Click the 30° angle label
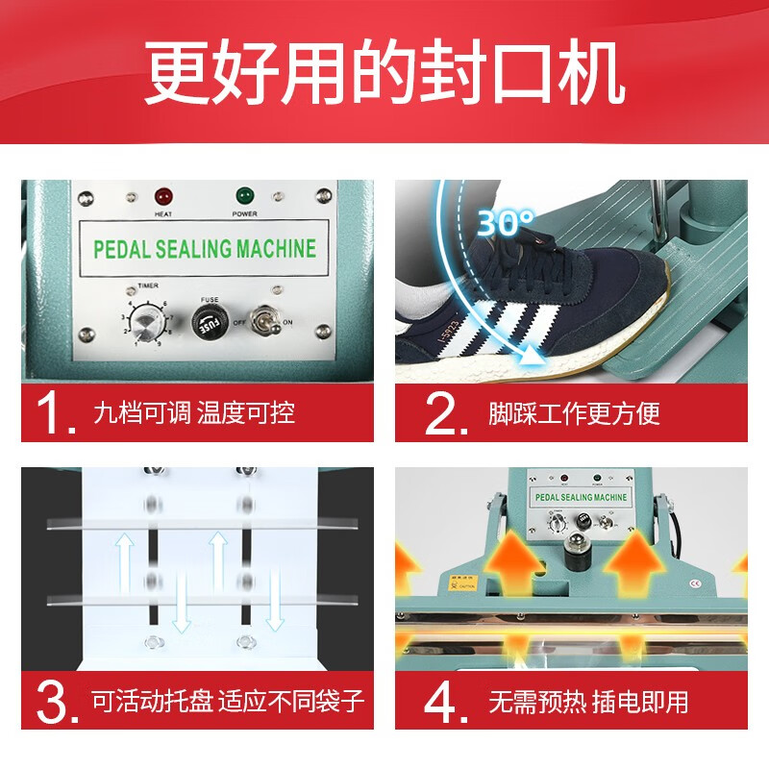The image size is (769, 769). [x=506, y=223]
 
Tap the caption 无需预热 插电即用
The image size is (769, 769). [x=588, y=701]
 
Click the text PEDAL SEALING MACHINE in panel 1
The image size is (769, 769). [x=204, y=249]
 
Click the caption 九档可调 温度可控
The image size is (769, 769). [x=193, y=413]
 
